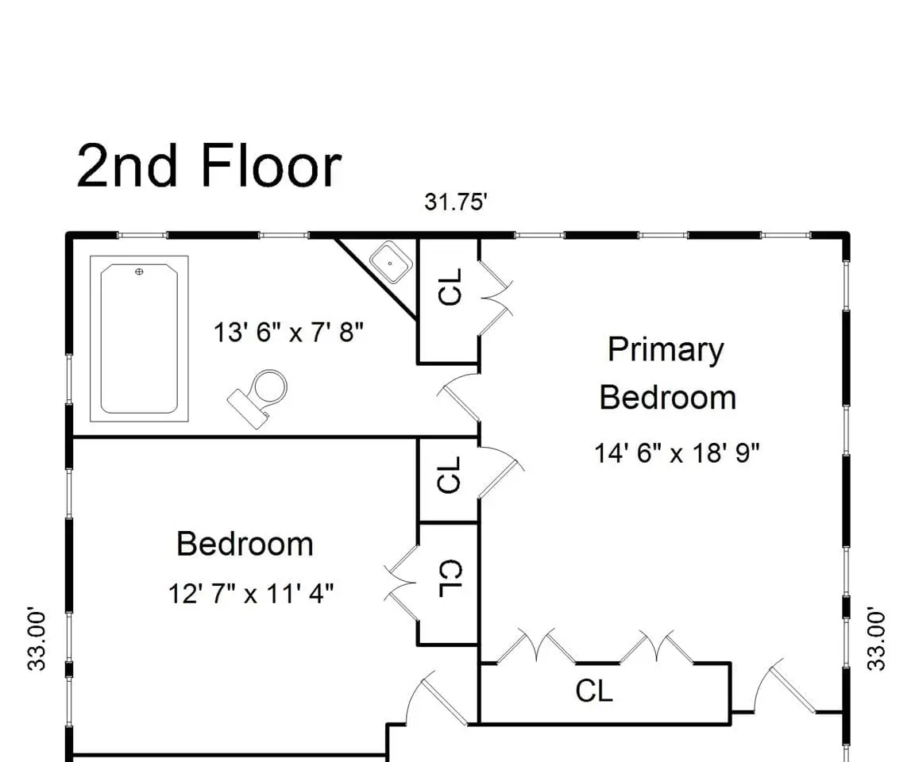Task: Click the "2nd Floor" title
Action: (208, 167)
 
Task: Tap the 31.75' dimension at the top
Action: (456, 202)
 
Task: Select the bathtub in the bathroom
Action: (139, 339)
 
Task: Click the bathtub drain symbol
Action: (139, 271)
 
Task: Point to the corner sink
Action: (391, 262)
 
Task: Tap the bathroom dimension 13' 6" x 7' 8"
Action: (288, 333)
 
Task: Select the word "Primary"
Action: (666, 350)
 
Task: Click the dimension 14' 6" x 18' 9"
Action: (677, 452)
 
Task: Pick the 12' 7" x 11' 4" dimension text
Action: (251, 594)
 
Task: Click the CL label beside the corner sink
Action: (450, 287)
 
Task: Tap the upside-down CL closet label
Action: (450, 579)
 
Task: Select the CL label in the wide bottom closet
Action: (594, 691)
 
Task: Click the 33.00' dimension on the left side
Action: (37, 640)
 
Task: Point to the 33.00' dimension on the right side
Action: (877, 640)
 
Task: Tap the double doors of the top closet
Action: (496, 298)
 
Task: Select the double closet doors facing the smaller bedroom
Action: (401, 583)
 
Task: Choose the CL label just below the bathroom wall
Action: (449, 475)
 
